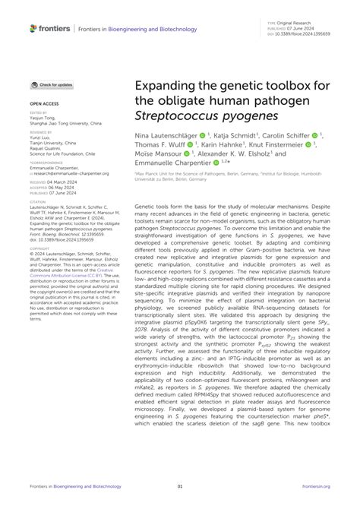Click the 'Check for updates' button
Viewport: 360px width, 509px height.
(52, 84)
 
